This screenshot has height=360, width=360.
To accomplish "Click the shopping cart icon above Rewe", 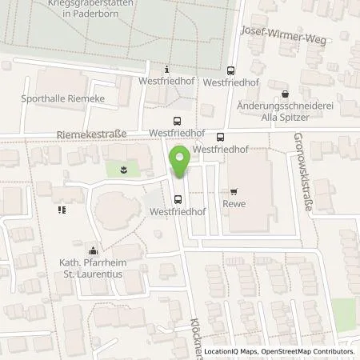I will click(x=234, y=191).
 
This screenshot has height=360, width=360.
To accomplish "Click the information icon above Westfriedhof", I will click(x=166, y=70).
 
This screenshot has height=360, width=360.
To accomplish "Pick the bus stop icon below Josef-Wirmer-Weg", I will click(x=231, y=70).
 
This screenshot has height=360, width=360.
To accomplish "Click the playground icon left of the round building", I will click(x=61, y=210).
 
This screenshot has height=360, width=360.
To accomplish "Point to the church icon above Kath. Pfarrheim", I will click(x=94, y=250).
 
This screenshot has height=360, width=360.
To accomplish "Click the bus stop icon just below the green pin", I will click(x=178, y=199).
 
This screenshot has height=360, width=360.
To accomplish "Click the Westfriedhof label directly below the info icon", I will click(x=166, y=82).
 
